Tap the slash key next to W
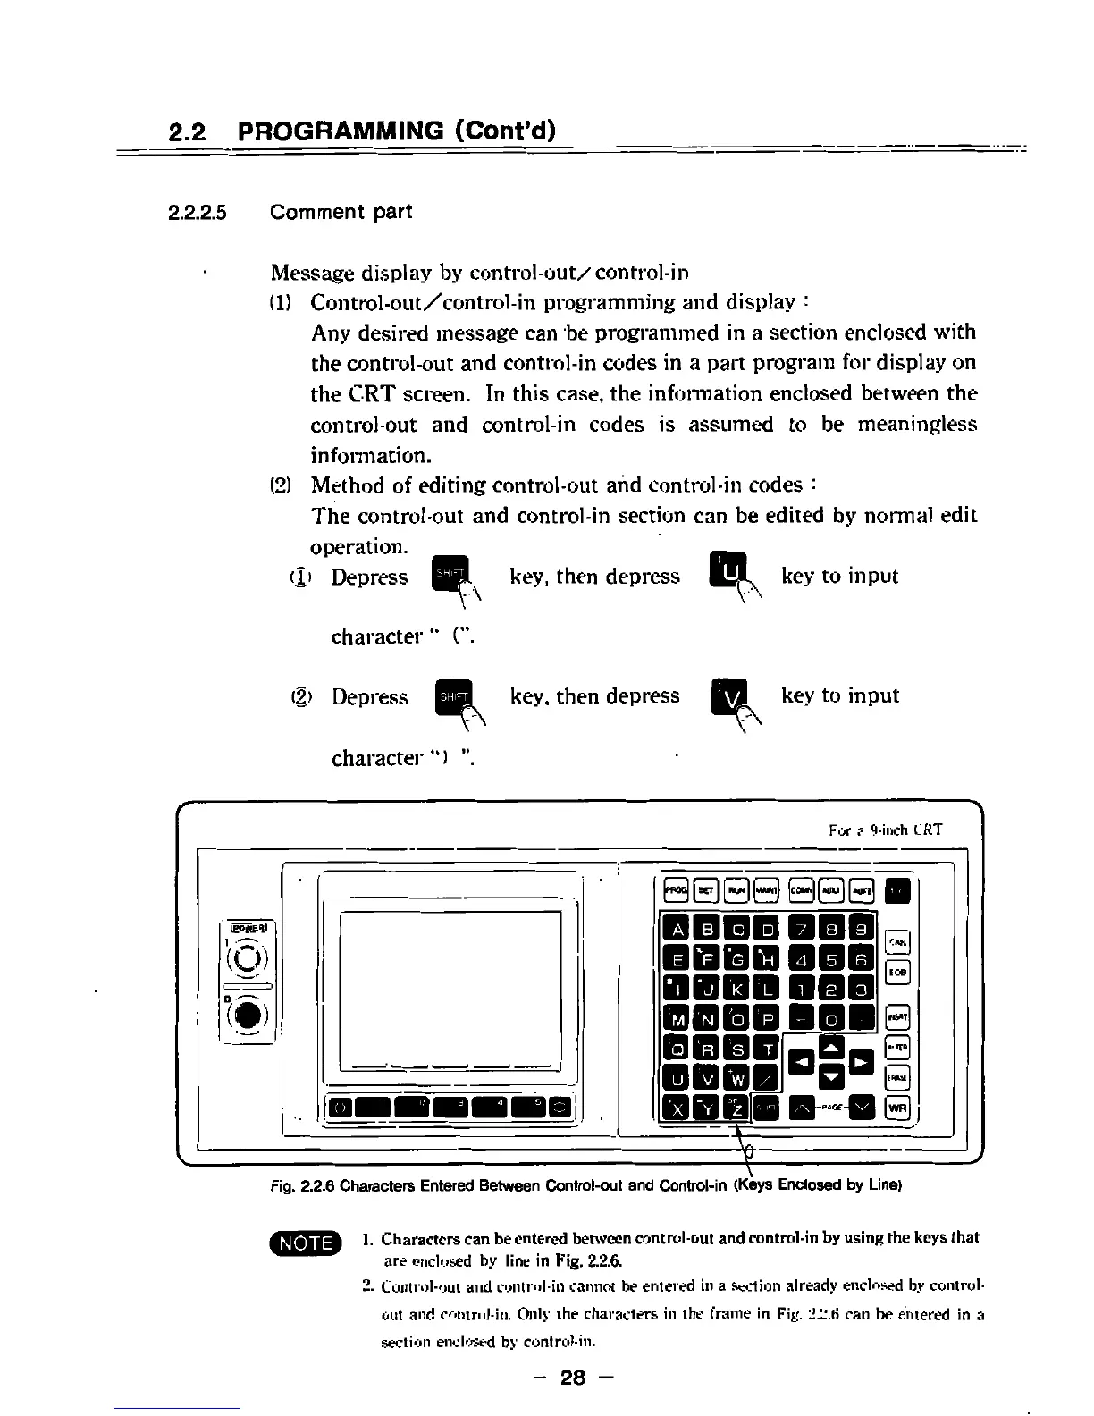coord(765,1079)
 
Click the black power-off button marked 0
coord(248,1017)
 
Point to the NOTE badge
coord(307,1243)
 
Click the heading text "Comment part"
coord(341,213)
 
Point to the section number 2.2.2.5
coord(198,213)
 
